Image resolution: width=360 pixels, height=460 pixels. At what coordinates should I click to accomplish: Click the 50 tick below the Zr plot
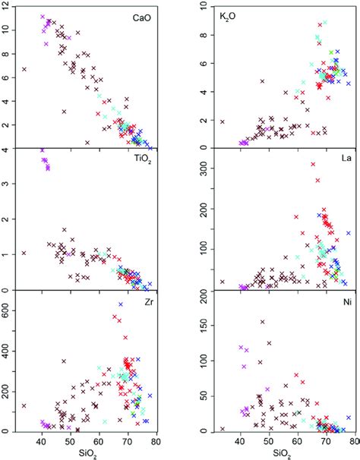(69, 441)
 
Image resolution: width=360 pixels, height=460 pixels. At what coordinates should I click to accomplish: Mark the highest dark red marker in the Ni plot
(263, 322)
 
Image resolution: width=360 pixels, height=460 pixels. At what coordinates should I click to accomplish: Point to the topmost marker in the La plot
(312, 165)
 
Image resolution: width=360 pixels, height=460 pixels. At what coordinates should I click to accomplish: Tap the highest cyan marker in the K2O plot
(325, 23)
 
